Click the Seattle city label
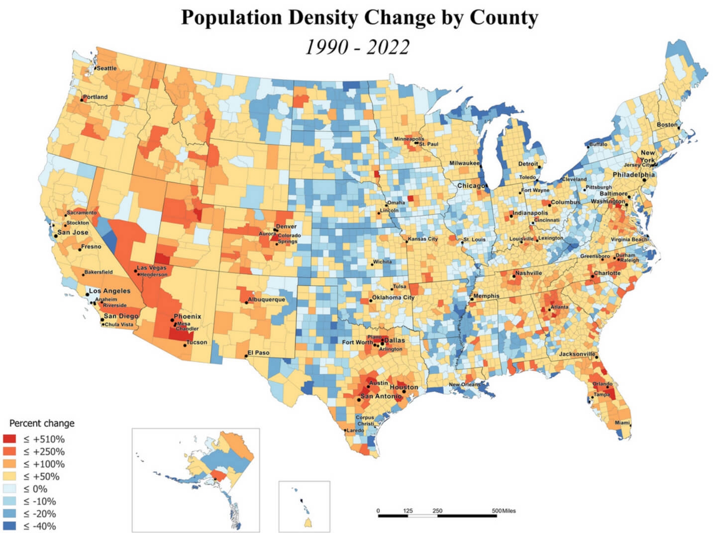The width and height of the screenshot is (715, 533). (x=106, y=68)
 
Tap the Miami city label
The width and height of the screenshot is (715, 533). (x=622, y=423)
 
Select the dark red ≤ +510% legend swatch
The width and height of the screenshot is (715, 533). (x=10, y=439)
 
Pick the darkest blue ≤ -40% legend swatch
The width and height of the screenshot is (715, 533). (x=10, y=526)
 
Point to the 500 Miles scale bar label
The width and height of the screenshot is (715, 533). (x=504, y=511)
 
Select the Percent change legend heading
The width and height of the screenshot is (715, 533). (x=42, y=423)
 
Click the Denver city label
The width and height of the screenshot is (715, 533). (x=286, y=227)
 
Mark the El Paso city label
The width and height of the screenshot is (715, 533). (x=259, y=353)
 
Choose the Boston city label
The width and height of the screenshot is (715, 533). (x=667, y=124)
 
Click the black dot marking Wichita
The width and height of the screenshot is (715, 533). (x=372, y=264)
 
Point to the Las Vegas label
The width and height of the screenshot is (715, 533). (x=152, y=268)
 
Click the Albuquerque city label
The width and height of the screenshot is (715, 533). (x=267, y=299)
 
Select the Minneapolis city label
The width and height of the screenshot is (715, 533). (x=409, y=139)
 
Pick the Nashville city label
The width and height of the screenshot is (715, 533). (x=528, y=273)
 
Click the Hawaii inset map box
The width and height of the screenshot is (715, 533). (x=304, y=506)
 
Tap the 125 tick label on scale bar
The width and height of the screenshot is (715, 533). (x=408, y=511)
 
